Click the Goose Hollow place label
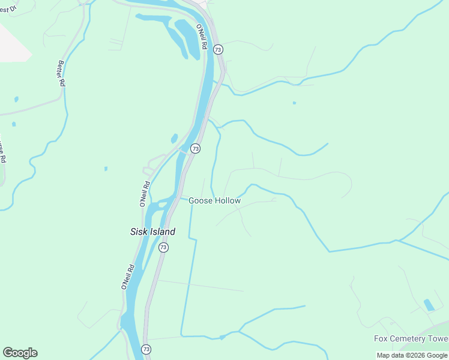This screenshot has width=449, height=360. tap(214, 201)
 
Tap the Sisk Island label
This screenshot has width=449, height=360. tap(153, 232)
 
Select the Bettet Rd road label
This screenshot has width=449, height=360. tap(61, 74)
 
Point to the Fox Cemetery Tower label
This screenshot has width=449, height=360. tap(411, 338)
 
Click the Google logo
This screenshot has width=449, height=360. tap(20, 353)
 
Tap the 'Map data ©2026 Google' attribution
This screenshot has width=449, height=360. tap(412, 355)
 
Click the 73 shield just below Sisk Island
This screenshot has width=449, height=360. tap(163, 247)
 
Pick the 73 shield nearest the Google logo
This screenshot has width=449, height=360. tap(146, 349)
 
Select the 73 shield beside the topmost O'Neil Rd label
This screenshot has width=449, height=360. tap(217, 49)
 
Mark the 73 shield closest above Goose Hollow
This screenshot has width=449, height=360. tap(195, 148)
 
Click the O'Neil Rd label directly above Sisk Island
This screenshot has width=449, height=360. tap(145, 194)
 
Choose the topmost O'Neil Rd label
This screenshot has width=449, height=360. tap(202, 37)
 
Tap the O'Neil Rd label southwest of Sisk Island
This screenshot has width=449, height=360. tap(127, 277)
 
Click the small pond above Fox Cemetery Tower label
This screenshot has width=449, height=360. tap(429, 305)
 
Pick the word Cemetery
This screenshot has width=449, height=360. tap(409, 338)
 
